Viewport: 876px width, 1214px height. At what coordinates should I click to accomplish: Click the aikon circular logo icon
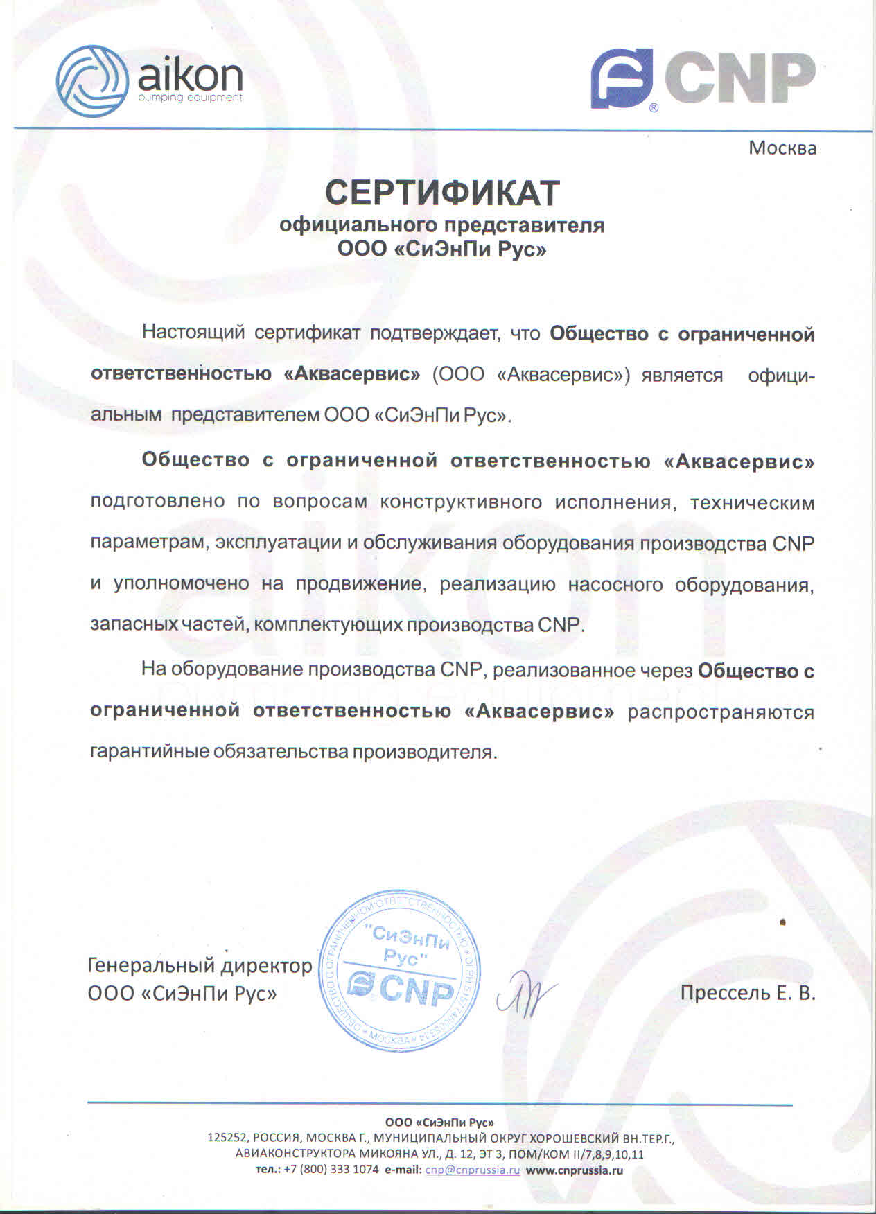[x=92, y=81]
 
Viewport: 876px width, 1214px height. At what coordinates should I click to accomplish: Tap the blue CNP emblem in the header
[x=622, y=78]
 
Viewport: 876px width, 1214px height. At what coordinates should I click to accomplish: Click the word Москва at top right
[x=782, y=148]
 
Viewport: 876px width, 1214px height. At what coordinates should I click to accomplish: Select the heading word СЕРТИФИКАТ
[x=442, y=193]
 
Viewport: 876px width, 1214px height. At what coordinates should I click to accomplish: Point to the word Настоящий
[x=193, y=333]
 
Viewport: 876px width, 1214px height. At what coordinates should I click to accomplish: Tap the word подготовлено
[x=157, y=501]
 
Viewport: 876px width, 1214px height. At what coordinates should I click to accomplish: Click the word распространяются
[x=721, y=712]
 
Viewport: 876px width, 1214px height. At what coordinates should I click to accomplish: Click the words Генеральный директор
[x=200, y=965]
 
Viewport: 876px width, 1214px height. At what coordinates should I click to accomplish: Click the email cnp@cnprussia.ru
[x=472, y=1170]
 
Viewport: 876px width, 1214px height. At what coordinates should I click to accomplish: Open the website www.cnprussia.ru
[x=574, y=1170]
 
